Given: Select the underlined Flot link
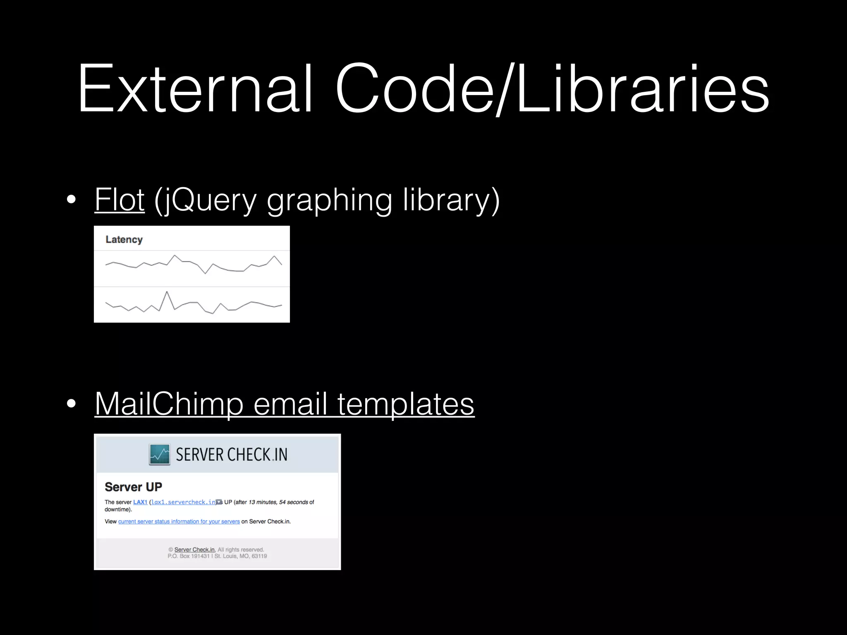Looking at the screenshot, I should [120, 200].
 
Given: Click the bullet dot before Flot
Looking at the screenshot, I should [71, 200].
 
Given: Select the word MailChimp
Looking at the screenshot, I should [169, 404].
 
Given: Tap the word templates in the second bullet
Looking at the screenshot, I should [406, 404].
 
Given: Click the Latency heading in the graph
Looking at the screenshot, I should [124, 240].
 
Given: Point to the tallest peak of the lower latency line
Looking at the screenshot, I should [167, 292].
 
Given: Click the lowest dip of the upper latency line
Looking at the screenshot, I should [205, 273].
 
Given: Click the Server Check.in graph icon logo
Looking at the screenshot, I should [160, 455].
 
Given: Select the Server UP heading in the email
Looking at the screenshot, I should [133, 487].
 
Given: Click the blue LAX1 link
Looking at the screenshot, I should [140, 502].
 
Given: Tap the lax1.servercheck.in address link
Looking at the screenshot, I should [183, 502].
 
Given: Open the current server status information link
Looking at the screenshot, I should [179, 522].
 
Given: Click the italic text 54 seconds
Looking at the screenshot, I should [294, 502].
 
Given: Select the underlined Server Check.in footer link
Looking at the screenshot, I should [195, 550].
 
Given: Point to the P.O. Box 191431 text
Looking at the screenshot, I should [189, 556].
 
